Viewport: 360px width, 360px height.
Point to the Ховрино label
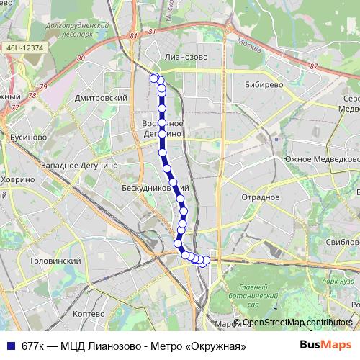click(17, 179)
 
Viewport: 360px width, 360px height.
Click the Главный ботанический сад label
click(258, 294)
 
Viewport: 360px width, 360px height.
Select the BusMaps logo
click(325, 346)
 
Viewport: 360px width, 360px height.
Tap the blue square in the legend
click(9, 346)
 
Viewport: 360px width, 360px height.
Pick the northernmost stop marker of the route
click(153, 78)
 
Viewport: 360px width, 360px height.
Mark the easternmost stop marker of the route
click(207, 260)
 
